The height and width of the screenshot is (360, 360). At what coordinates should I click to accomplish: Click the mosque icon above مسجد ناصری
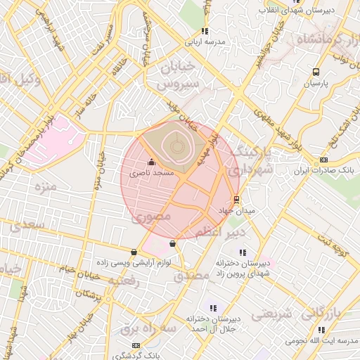click(152, 162)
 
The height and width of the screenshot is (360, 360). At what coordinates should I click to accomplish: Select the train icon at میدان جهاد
click(236, 199)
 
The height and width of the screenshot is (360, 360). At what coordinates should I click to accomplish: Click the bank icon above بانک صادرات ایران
click(323, 160)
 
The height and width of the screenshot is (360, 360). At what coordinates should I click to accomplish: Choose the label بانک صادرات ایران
click(325, 170)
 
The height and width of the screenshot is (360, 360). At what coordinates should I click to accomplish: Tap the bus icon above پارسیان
click(316, 72)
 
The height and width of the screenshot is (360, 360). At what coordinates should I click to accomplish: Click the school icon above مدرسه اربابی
click(205, 31)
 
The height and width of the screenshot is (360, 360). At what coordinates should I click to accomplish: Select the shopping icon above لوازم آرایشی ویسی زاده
click(134, 251)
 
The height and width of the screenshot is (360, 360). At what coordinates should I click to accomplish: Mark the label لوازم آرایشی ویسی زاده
click(134, 262)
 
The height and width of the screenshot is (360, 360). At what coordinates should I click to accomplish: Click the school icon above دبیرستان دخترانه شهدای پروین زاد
click(243, 252)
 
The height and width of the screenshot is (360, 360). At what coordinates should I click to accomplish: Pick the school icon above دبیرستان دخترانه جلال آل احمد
click(213, 308)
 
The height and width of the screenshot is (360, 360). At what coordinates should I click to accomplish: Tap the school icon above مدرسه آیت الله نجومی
click(321, 329)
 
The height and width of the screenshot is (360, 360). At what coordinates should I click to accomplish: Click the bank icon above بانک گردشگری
click(136, 345)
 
